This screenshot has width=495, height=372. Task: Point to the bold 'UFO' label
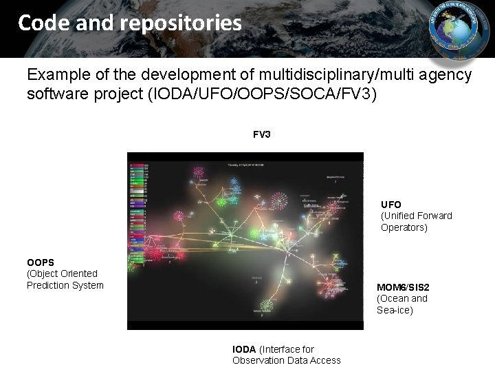pos(391,205)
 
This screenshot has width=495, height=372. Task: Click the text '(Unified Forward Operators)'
pos(416,221)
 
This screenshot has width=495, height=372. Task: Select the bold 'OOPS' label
pos(41,262)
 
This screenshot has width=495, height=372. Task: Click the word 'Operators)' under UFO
pos(404,227)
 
